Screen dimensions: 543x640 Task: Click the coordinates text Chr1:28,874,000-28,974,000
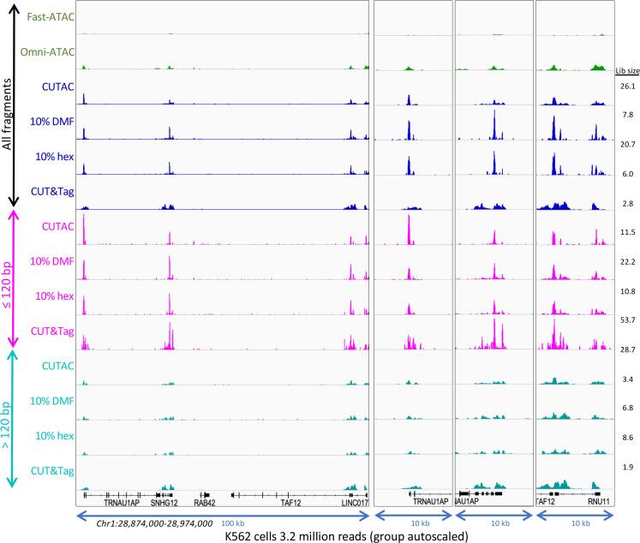coord(154,522)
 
